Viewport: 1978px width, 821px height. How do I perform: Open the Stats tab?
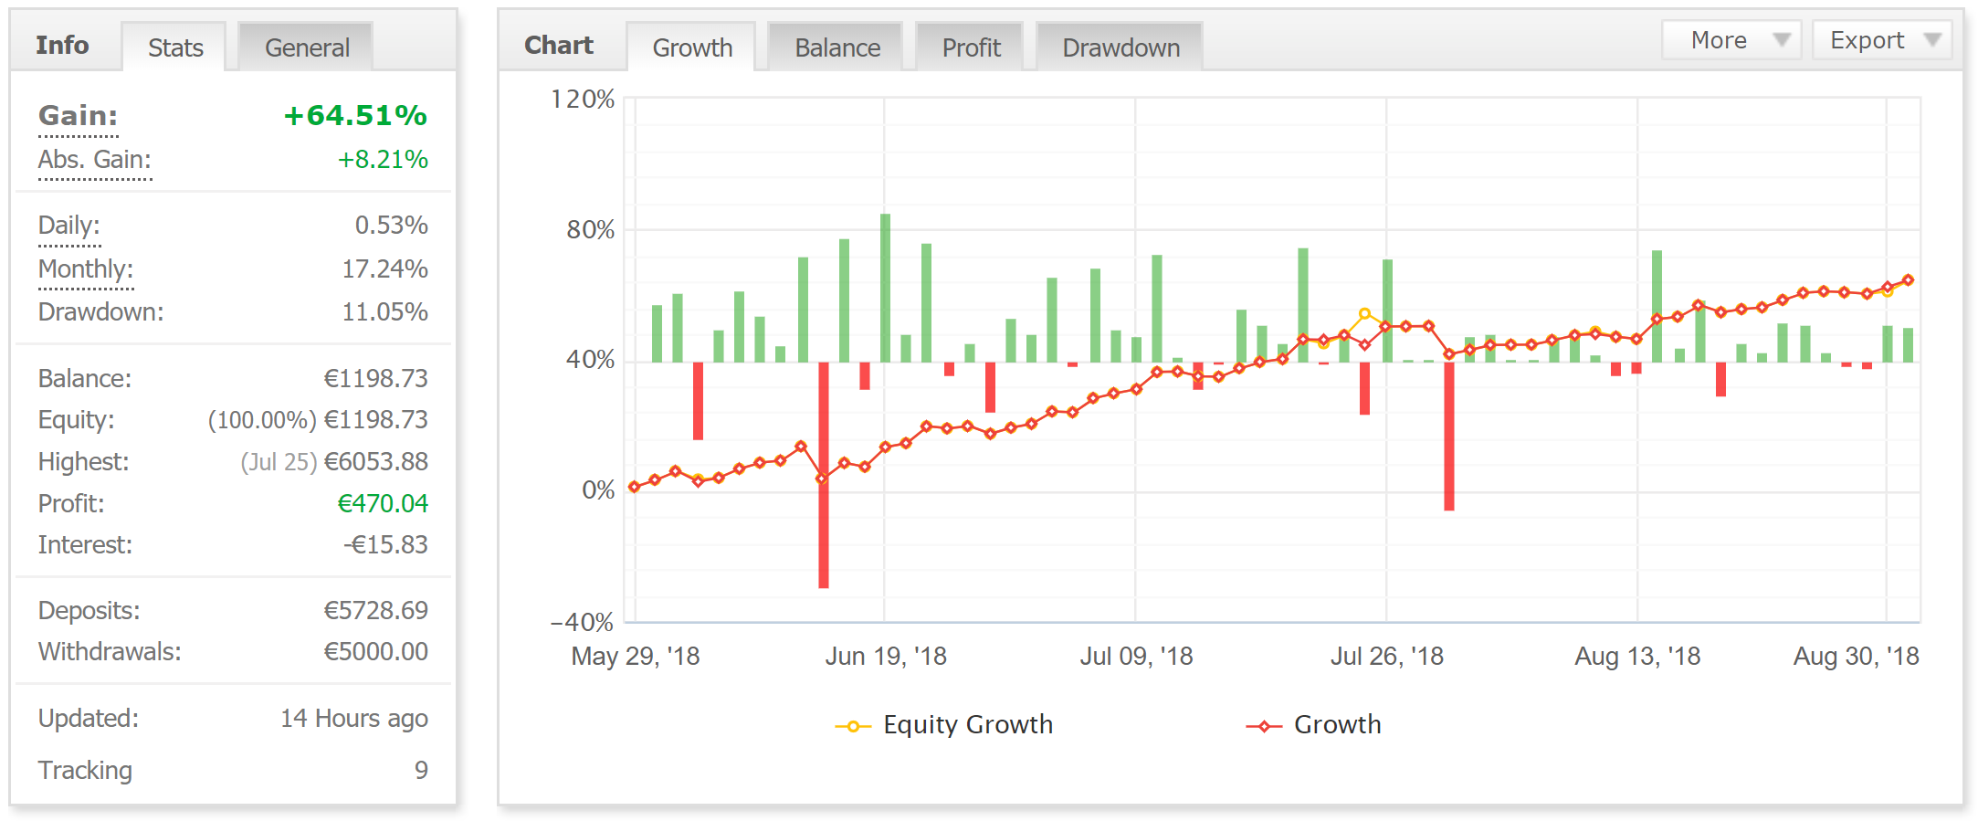(175, 47)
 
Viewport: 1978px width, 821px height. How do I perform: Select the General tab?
(307, 47)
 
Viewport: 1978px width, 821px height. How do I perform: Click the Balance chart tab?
(836, 47)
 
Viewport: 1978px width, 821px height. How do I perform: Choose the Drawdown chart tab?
(1121, 47)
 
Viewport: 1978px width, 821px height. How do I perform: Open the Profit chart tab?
(971, 47)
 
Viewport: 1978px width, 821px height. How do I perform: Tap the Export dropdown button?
(1881, 40)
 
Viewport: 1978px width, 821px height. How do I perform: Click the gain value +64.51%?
(355, 116)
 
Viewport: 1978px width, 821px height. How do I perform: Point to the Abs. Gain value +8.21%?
(383, 160)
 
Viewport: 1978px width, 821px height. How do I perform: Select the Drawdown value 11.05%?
(384, 312)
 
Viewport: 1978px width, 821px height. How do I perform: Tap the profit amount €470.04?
(383, 504)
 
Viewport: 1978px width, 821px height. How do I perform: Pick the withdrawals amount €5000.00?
(375, 652)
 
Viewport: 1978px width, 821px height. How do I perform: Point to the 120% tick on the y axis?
(583, 99)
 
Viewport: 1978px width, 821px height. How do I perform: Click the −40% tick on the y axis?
(582, 623)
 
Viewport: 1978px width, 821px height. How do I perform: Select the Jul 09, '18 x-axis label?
(1136, 657)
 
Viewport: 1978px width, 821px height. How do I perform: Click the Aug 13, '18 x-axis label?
(1637, 657)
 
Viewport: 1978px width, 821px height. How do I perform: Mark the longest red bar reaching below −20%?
(824, 475)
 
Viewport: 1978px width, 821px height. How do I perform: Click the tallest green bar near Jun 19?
(885, 288)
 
